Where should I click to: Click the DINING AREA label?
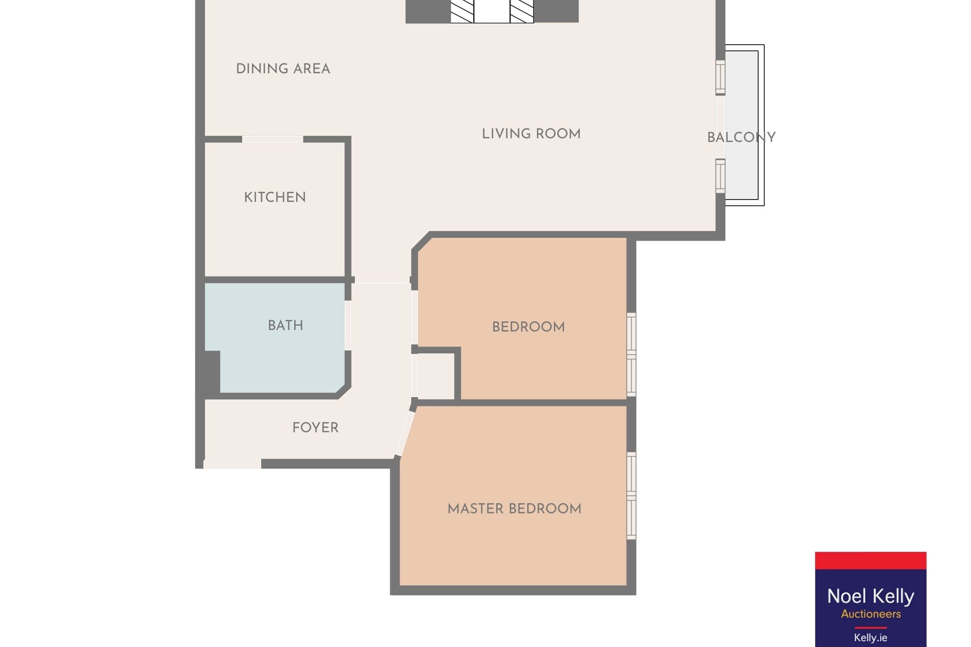point(283,69)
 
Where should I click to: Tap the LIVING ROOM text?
point(531,134)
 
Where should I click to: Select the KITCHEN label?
point(275,197)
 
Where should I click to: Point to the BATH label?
point(285,325)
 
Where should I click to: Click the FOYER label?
point(316,428)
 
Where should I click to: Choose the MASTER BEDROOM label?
point(515,509)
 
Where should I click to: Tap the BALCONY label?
point(741,137)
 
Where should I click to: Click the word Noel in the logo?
point(847,596)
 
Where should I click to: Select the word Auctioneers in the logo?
point(871,614)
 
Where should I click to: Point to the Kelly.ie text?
point(871,638)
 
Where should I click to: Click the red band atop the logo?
point(871,560)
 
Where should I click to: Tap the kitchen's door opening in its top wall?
point(272,139)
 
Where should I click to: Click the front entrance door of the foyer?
point(232,464)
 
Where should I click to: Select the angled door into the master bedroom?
point(405,433)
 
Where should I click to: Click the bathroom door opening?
point(348,325)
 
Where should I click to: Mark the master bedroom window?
point(631,496)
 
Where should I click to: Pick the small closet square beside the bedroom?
point(436,376)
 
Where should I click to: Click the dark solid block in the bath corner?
point(212,372)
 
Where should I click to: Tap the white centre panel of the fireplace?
point(492,11)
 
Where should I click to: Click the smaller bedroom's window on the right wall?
point(631,354)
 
